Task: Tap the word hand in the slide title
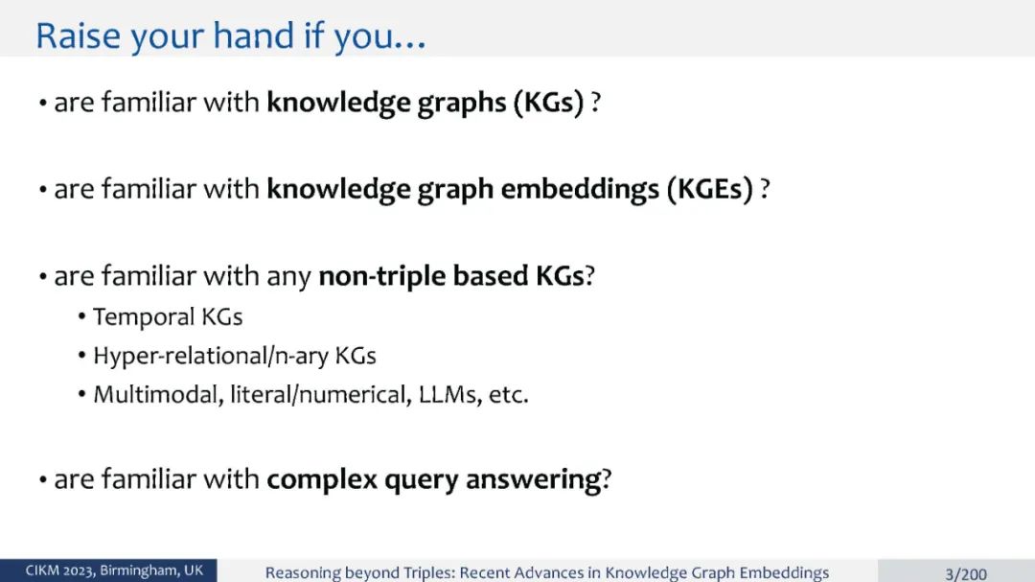[253, 35]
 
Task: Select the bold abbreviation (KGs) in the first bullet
[549, 103]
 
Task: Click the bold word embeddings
[580, 189]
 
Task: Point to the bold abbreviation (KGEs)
[709, 190]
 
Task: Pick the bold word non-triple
[382, 276]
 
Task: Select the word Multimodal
[158, 394]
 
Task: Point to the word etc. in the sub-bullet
[509, 395]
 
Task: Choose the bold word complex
[321, 479]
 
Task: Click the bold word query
[421, 480]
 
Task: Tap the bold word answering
[534, 480]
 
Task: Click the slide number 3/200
[966, 573]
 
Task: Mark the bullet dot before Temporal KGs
[81, 317]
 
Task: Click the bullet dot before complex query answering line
[42, 480]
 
